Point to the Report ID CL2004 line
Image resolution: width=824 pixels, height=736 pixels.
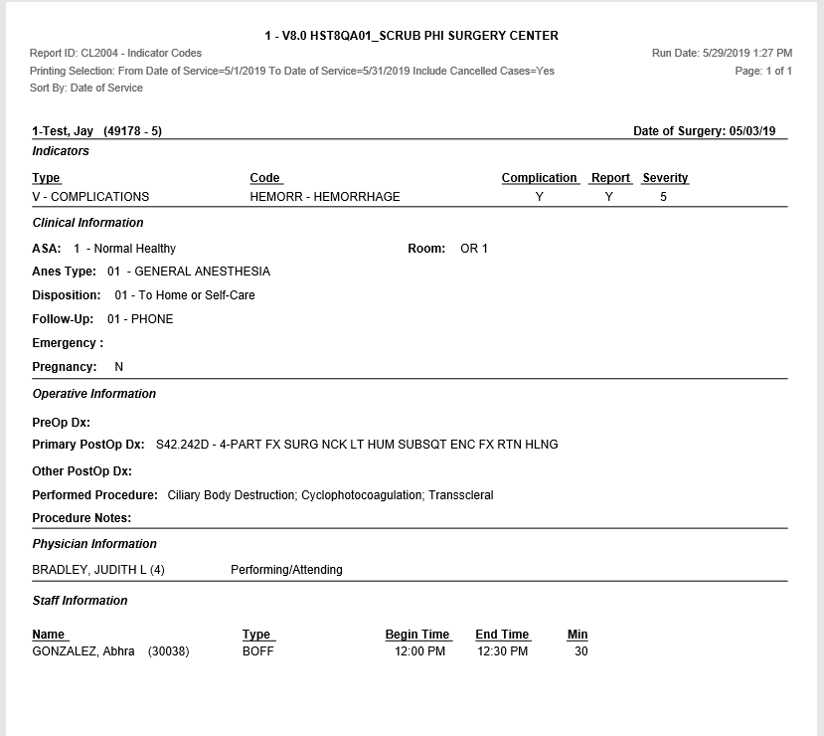tap(115, 53)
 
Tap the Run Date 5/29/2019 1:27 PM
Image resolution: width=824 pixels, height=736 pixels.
tap(722, 53)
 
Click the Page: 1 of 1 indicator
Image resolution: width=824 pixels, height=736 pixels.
tap(763, 71)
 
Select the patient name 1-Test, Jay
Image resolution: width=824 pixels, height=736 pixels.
tap(64, 131)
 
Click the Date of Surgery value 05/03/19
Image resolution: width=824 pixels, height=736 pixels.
tap(752, 131)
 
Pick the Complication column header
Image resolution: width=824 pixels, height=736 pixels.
tap(539, 178)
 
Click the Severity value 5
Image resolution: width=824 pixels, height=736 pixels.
tap(664, 197)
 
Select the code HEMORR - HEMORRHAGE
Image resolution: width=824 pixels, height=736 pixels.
tap(325, 197)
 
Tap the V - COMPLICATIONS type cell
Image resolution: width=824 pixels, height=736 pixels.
tap(90, 197)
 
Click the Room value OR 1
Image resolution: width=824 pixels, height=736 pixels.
tap(474, 249)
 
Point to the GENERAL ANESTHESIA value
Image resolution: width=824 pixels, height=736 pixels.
tap(202, 272)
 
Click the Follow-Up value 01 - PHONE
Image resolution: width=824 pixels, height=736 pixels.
tap(140, 319)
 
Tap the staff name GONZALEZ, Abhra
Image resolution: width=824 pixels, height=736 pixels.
tap(83, 652)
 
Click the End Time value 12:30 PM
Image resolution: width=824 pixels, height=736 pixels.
tap(502, 652)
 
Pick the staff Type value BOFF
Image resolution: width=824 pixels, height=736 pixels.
tap(257, 652)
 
